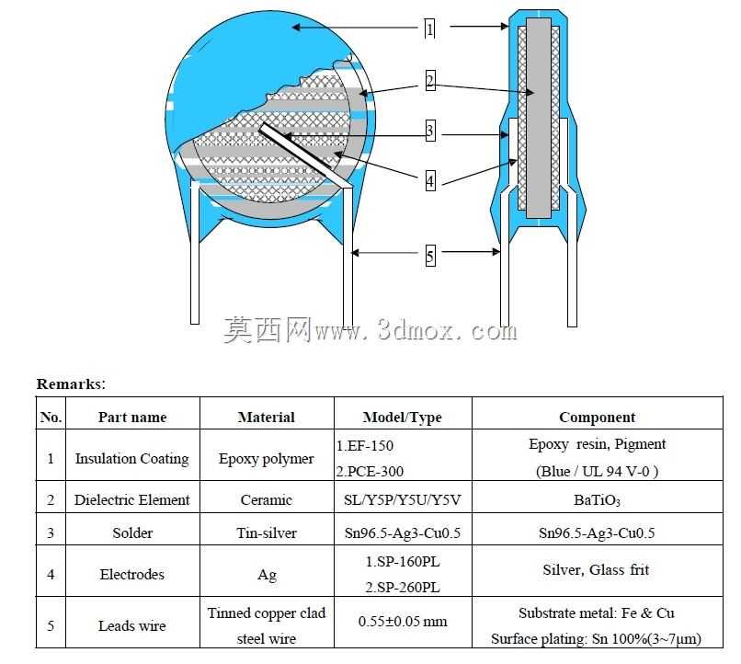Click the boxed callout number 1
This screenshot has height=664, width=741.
(429, 29)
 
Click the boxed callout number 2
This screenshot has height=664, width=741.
(429, 81)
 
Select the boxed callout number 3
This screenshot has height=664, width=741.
(429, 131)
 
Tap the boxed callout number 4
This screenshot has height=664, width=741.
(430, 181)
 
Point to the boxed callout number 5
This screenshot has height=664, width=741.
(430, 256)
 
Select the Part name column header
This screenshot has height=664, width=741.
(132, 418)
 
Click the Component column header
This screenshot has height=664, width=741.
(597, 418)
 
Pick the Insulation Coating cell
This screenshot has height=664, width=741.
(131, 458)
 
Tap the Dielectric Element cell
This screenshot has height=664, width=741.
(131, 499)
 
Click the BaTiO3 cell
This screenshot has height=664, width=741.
(597, 500)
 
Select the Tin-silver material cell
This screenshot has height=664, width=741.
(267, 533)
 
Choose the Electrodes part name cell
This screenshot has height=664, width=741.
(131, 574)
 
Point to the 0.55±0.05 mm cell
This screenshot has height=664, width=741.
(403, 621)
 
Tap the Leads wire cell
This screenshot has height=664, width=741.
(131, 625)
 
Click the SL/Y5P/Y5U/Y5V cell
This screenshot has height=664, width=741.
(402, 499)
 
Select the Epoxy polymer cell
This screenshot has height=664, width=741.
(266, 459)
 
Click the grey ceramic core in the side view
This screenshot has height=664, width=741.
(538, 118)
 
